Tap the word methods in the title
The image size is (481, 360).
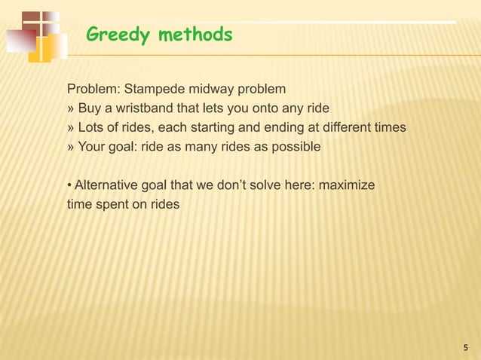195,34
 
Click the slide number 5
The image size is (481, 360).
465,347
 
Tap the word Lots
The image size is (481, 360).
93,127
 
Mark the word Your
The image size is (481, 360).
93,147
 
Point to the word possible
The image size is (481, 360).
297,147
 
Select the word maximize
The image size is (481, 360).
348,185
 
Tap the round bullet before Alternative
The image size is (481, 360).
70,185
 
